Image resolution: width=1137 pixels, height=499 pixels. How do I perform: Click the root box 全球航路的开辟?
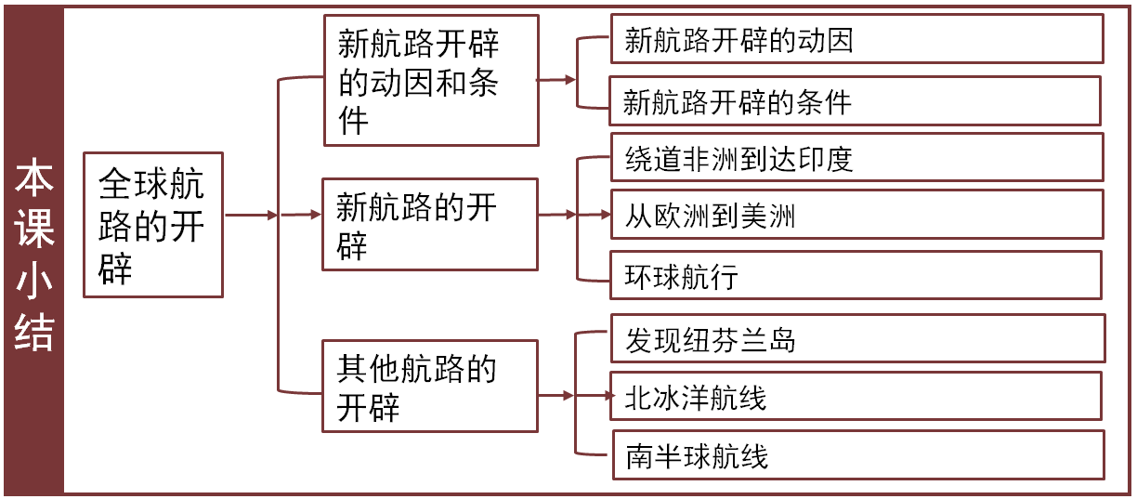[x=152, y=225]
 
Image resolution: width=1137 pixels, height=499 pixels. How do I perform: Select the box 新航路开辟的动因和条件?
[x=430, y=81]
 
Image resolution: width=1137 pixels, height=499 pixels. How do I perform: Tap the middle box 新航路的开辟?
[x=429, y=224]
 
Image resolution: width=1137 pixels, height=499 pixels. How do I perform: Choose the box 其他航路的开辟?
[x=429, y=386]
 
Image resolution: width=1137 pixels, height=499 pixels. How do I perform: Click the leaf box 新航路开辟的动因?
[x=856, y=40]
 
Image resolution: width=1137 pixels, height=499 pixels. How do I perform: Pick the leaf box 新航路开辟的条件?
[x=856, y=100]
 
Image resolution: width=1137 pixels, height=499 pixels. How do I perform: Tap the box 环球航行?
[x=856, y=275]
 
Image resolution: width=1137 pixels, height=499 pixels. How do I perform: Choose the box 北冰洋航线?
[x=856, y=398]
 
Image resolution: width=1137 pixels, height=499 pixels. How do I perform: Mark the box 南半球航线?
[x=856, y=455]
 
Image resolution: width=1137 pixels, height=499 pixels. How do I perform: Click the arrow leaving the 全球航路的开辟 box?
[x=251, y=216]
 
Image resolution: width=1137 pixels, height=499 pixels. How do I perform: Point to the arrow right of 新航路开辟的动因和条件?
[x=557, y=80]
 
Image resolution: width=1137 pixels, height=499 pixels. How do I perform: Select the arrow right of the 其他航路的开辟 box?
[x=557, y=396]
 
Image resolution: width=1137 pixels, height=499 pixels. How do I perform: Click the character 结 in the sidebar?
[x=33, y=332]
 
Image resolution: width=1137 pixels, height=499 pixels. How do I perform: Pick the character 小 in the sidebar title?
[x=33, y=282]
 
